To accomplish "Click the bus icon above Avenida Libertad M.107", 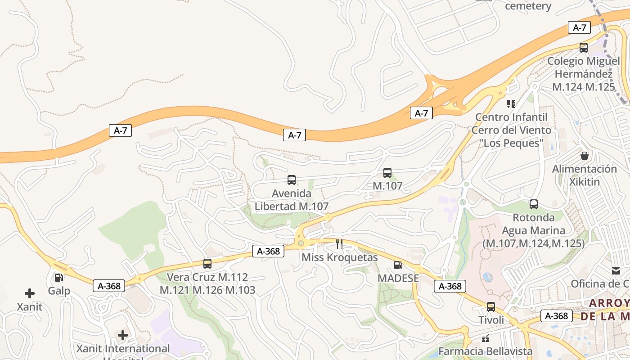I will tap(292, 180).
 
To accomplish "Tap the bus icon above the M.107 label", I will tap(387, 173).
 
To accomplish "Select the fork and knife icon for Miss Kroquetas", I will tap(339, 244).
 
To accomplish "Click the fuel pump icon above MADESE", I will tap(398, 265).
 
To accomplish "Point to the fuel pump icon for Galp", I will tap(58, 278).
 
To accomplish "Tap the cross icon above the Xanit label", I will tap(30, 293).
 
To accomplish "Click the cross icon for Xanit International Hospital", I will tap(123, 335).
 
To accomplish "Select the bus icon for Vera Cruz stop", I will tap(207, 264).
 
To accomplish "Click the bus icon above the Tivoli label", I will tap(491, 307).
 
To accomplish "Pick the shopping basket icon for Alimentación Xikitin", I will tap(585, 156).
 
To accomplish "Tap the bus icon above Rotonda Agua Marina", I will tap(534, 204).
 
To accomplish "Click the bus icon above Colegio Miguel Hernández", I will tap(584, 48).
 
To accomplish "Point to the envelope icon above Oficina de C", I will tap(616, 270).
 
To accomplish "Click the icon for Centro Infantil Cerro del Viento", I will tap(511, 104).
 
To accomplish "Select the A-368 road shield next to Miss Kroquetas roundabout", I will tap(268, 251).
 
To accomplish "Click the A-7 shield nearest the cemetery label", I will tap(579, 27).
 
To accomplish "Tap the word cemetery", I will tap(528, 6).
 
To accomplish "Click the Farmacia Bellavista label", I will tap(486, 351).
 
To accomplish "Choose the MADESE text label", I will tap(398, 278).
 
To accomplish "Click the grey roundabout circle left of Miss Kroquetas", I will tap(301, 243).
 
